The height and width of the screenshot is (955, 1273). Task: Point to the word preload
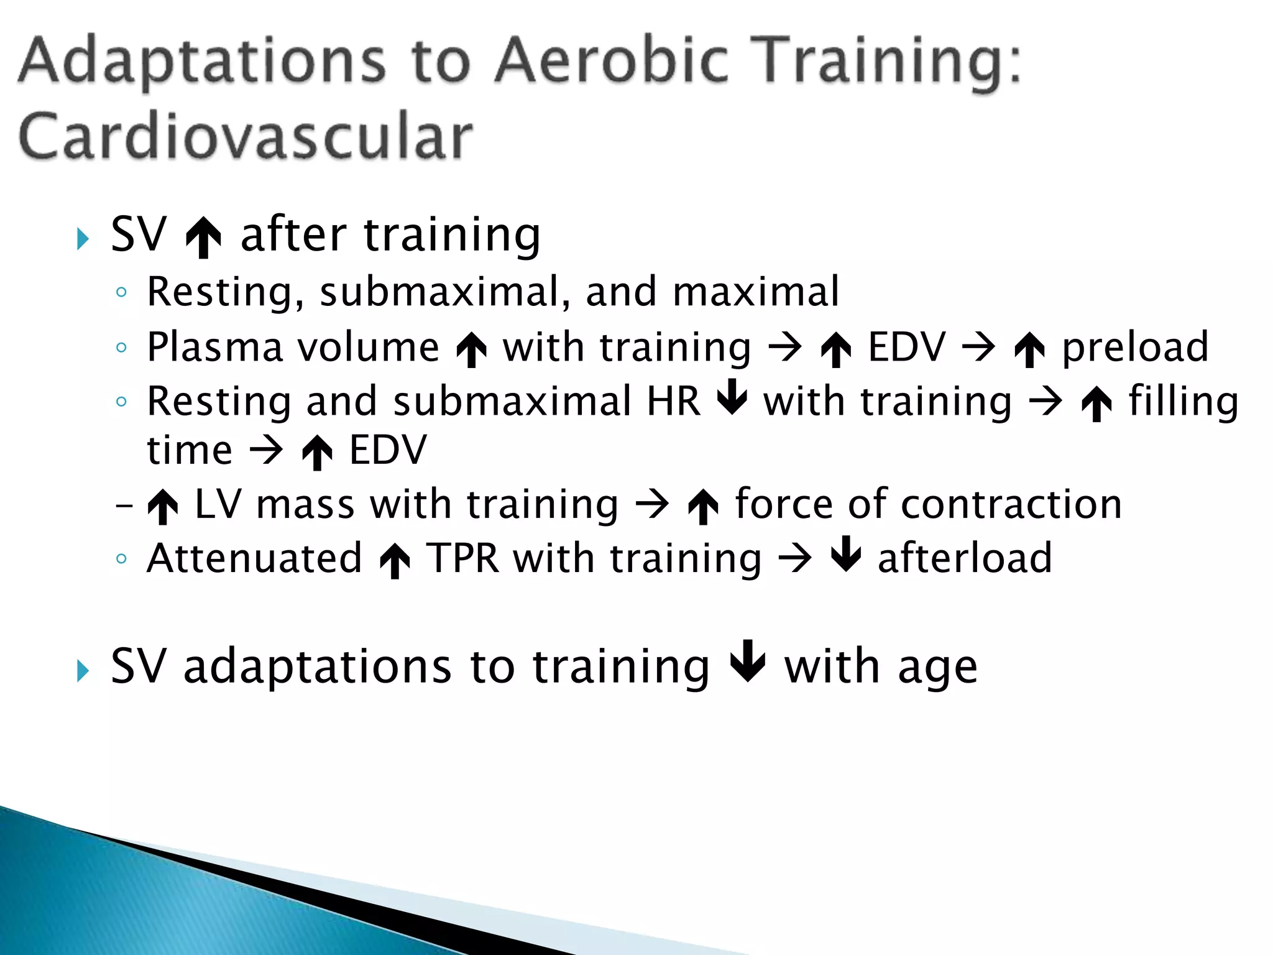pos(1134,348)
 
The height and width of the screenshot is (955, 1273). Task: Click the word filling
pos(1183,402)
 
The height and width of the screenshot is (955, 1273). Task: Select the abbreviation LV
pos(218,504)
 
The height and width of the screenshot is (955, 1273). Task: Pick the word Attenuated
pos(254,558)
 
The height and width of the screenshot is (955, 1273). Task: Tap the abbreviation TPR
pos(462,558)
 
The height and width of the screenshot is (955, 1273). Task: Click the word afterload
pos(965,558)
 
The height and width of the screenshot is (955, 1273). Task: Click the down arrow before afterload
pos(846,553)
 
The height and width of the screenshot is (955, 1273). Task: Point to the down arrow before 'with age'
pos(748,660)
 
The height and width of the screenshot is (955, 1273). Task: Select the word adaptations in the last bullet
pos(318,667)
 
